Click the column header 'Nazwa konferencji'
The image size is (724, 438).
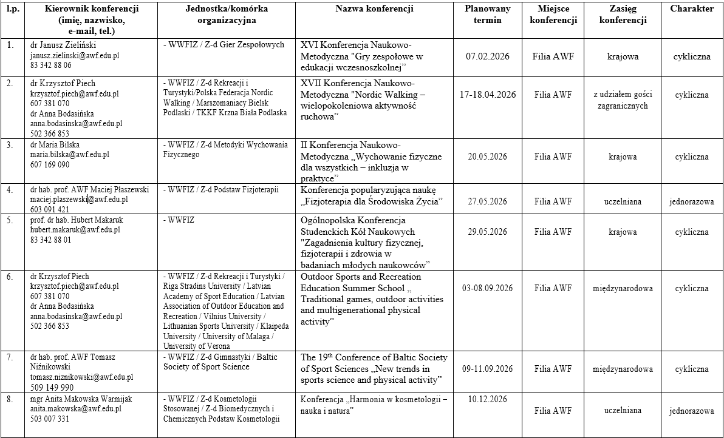(x=374, y=9)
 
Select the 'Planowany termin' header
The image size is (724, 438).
(x=488, y=15)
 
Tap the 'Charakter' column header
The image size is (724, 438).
(x=692, y=9)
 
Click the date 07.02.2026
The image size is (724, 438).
(x=488, y=56)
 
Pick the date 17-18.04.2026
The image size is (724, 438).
(x=488, y=95)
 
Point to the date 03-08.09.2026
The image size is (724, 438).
(x=488, y=288)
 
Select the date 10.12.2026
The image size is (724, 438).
(x=488, y=399)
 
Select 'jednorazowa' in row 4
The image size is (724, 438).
(x=691, y=201)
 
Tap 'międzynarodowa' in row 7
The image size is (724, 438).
(x=623, y=369)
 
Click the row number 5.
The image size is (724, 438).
(x=9, y=220)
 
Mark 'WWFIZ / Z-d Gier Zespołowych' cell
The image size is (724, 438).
(x=224, y=45)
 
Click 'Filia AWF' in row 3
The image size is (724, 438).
(x=553, y=157)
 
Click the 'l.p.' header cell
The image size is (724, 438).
(x=12, y=9)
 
